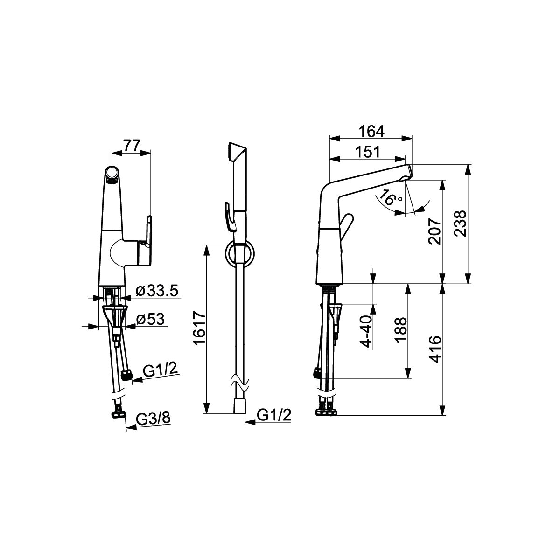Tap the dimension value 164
coord(371,131)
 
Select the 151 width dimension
coord(367,152)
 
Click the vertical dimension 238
coord(460,224)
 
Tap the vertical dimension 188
coord(401,330)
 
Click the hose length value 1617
coord(200,328)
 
